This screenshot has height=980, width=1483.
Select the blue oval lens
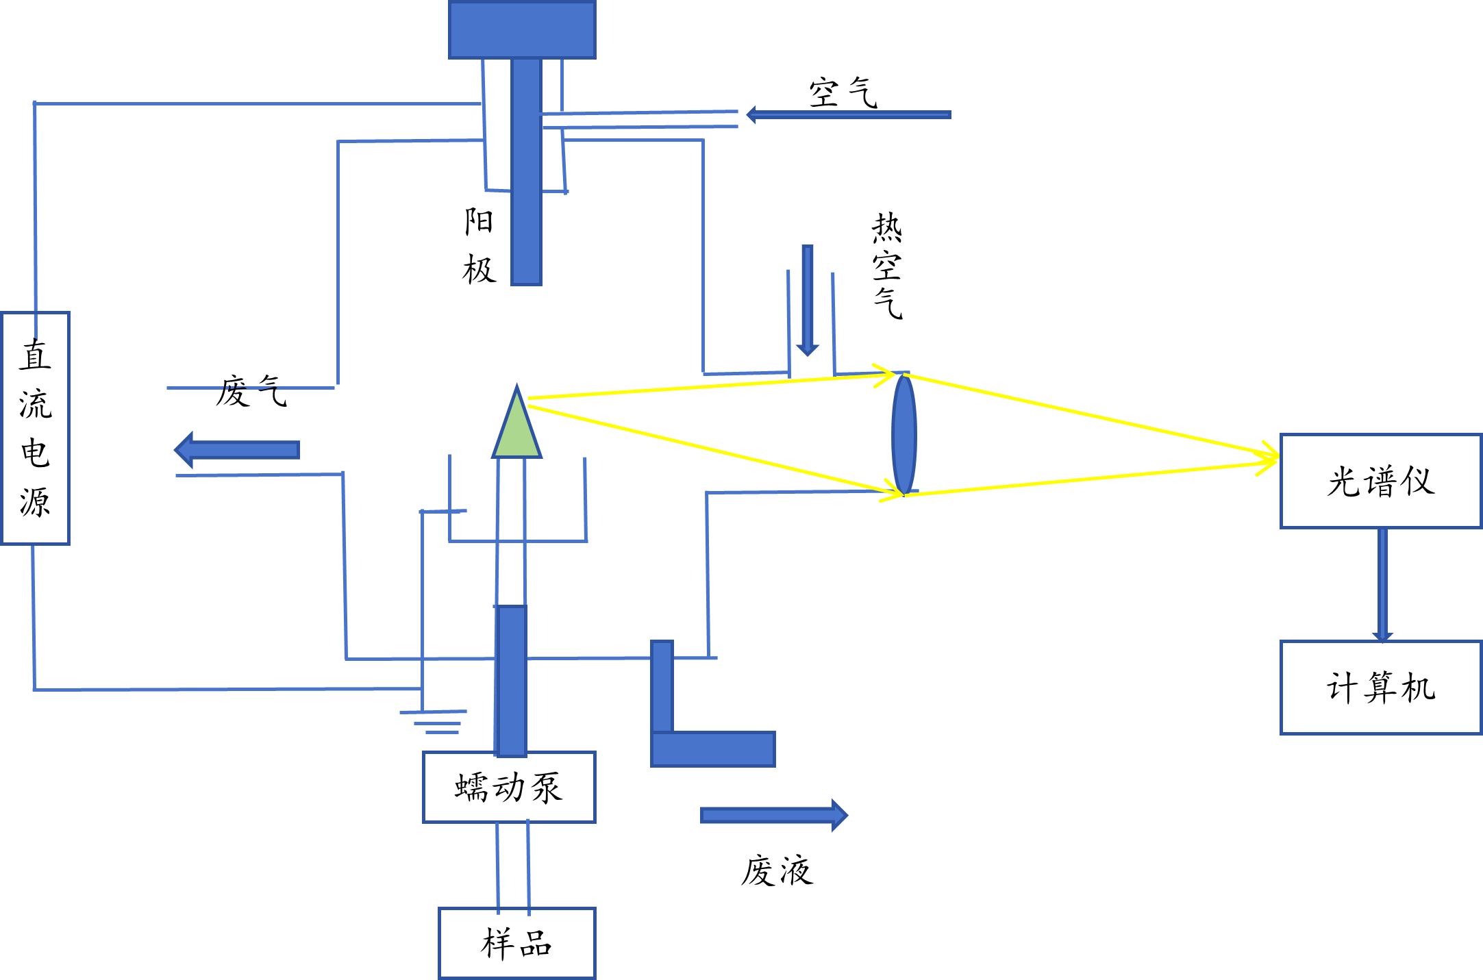(904, 434)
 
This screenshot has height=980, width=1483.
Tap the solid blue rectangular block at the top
(522, 29)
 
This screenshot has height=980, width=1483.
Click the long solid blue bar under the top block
(526, 171)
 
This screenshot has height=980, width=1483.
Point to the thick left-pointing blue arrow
(236, 450)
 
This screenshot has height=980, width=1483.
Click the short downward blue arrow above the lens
(808, 301)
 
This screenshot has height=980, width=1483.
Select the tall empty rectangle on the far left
(36, 428)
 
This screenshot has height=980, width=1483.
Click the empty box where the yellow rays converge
(1381, 481)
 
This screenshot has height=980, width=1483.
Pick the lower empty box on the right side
(1381, 688)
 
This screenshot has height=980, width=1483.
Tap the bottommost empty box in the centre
(517, 943)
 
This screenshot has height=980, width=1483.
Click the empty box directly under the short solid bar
(509, 787)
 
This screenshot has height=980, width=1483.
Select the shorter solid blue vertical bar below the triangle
(511, 681)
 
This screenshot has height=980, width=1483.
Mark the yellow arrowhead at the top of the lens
(885, 375)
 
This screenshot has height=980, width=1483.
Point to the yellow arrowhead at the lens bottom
(892, 491)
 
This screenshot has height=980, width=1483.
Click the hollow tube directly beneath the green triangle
(511, 531)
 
